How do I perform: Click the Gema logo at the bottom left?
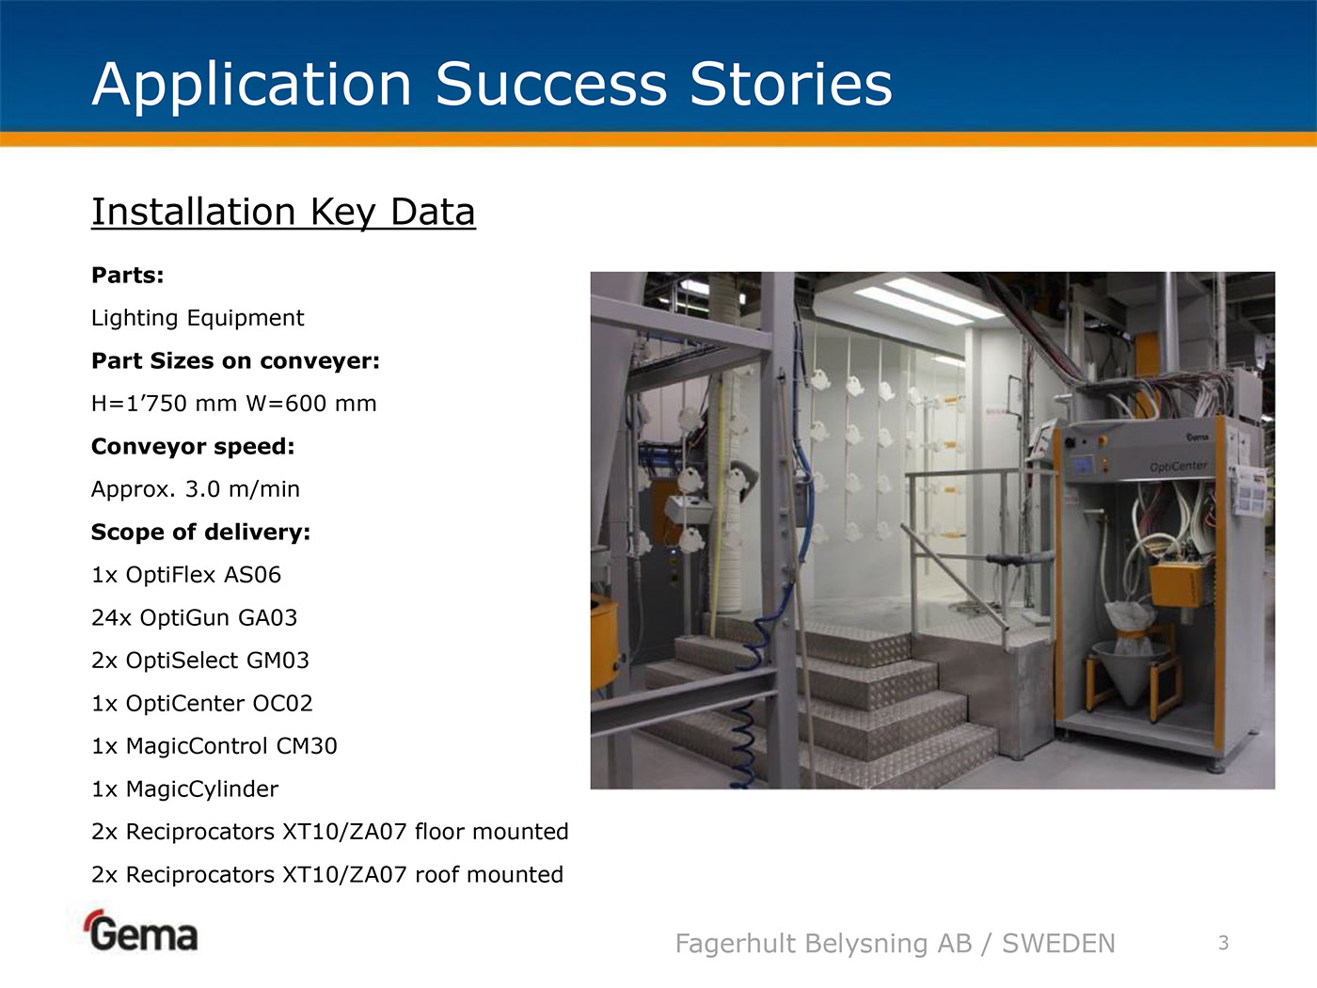[141, 931]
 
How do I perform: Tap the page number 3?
[1224, 943]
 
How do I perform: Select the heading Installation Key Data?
[283, 213]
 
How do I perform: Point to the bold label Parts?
[128, 276]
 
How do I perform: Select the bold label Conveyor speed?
[193, 447]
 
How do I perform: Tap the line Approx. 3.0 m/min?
[196, 489]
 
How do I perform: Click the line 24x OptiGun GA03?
[195, 618]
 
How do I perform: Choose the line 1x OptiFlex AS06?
[186, 575]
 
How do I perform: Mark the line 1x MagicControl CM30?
[214, 746]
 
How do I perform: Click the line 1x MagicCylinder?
[184, 789]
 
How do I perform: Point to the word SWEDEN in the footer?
[1058, 944]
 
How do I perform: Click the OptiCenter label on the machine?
[1179, 466]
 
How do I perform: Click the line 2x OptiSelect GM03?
[199, 661]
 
